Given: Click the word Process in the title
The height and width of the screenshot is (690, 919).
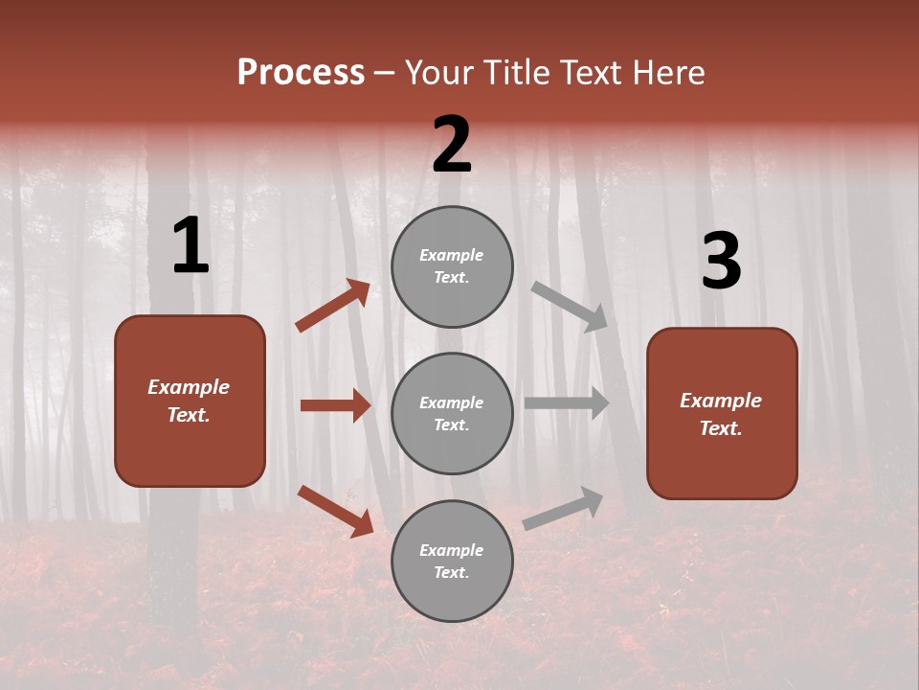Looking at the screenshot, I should [301, 73].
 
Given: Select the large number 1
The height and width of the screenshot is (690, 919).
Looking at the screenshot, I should [191, 246].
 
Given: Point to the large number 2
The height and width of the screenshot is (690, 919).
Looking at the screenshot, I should [452, 145].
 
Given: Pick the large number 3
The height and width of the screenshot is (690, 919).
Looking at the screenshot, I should [721, 262].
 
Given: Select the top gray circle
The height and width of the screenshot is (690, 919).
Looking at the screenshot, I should [452, 266].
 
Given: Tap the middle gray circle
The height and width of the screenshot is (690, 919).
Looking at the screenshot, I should [452, 413].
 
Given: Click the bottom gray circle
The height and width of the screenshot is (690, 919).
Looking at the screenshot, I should [452, 561].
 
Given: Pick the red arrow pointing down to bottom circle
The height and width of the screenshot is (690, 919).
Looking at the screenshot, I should [335, 511].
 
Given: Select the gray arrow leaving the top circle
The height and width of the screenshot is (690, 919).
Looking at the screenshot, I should [570, 306].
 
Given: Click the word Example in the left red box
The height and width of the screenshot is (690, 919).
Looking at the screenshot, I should [189, 387].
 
